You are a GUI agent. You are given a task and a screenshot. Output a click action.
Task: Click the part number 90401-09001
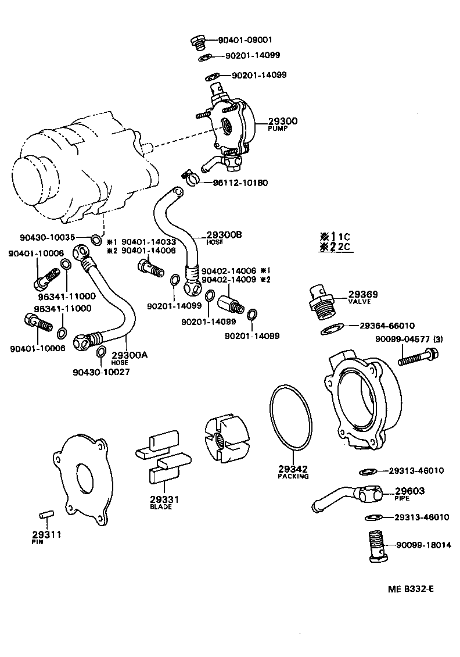(x=245, y=40)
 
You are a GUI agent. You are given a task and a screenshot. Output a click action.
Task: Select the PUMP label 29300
(x=282, y=122)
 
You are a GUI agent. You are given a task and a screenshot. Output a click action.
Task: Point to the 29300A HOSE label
(x=129, y=355)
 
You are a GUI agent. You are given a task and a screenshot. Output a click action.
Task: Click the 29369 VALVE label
(x=363, y=295)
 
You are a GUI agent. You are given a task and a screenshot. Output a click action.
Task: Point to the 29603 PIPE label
(x=410, y=491)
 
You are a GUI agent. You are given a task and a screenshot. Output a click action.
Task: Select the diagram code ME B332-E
(x=411, y=588)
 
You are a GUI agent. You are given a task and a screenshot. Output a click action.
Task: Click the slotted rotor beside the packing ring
(x=226, y=434)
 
